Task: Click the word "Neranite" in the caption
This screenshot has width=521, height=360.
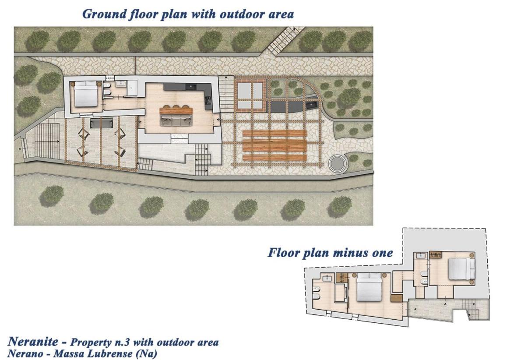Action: click(34, 341)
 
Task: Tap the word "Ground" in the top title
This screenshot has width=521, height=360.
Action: click(104, 14)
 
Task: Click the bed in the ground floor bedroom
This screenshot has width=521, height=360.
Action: click(85, 94)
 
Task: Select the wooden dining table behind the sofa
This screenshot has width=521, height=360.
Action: click(176, 110)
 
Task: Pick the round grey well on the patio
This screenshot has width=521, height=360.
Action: click(338, 163)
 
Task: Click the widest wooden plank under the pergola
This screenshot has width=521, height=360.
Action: click(275, 145)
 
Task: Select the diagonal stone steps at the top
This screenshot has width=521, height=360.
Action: click(285, 41)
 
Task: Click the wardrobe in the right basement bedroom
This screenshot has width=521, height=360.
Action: click(435, 255)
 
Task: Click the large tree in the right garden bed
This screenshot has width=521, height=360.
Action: click(349, 97)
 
